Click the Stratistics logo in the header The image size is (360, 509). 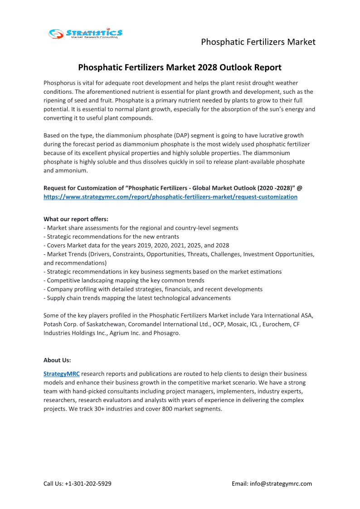tap(86, 34)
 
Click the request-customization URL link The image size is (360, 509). tap(170, 197)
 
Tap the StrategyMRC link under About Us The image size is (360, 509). tap(61, 374)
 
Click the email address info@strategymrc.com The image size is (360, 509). tap(281, 484)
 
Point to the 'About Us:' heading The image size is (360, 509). tap(57, 360)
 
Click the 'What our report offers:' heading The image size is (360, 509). tap(76, 219)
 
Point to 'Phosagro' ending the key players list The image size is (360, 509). tap(167, 333)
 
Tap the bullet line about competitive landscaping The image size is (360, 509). tap(124, 281)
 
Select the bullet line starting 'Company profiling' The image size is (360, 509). tap(153, 289)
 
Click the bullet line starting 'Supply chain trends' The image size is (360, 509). tap(137, 298)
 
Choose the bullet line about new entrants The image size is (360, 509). tap(111, 237)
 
